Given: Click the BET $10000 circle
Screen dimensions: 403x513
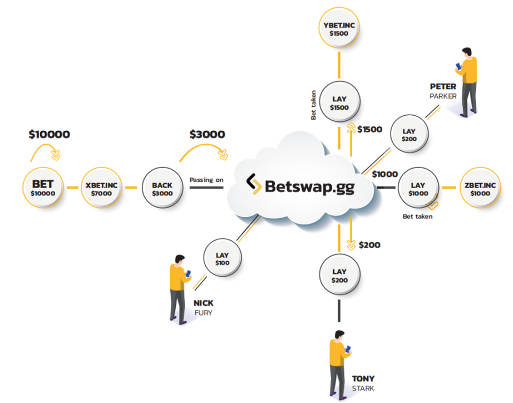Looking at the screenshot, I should pos(43,188).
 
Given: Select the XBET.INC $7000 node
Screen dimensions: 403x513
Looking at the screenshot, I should pos(102,188).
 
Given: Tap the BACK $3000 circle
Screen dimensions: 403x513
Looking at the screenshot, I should pos(162,188).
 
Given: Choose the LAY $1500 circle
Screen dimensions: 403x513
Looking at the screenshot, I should pos(339,102).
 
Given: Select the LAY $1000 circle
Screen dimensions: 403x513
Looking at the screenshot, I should pos(418,188).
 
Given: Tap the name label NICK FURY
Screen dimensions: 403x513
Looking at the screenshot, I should pos(204,307).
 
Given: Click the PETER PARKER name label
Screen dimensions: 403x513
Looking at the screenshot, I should pos(443,91).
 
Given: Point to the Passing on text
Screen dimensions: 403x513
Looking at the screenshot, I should pos(206,180).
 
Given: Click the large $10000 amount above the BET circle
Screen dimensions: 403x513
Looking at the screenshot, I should pos(49,134).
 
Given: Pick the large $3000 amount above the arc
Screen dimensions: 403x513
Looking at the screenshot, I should pos(207,134).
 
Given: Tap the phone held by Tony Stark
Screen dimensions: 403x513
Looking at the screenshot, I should pos(349,349).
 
